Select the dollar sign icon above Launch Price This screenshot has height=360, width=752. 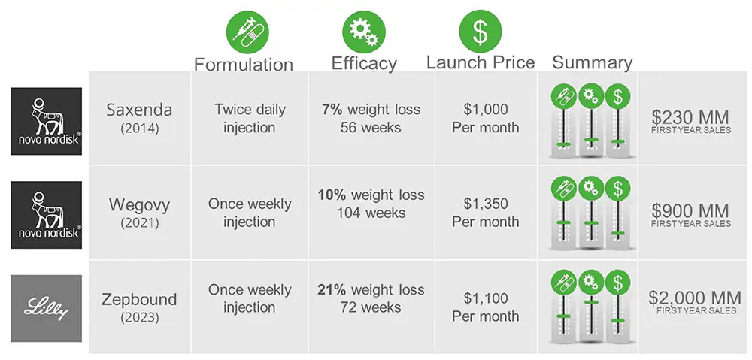pyautogui.click(x=480, y=29)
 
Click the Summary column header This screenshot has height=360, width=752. pyautogui.click(x=592, y=62)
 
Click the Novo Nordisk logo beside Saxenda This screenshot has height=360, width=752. pyautogui.click(x=47, y=121)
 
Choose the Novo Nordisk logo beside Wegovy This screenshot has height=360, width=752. pyautogui.click(x=47, y=214)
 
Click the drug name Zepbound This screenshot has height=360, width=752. pyautogui.click(x=139, y=299)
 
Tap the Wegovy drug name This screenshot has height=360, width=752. pyautogui.click(x=139, y=205)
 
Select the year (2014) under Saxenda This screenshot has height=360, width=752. pyautogui.click(x=139, y=128)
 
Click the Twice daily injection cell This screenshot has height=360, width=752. pyautogui.click(x=249, y=118)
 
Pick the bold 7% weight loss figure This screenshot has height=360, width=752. pyautogui.click(x=332, y=109)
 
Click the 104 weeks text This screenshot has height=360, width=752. pyautogui.click(x=371, y=213)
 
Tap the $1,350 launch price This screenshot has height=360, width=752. pyautogui.click(x=485, y=204)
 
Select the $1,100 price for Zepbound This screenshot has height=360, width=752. pyautogui.click(x=485, y=298)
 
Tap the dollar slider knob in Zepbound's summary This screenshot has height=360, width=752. pyautogui.click(x=617, y=321)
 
